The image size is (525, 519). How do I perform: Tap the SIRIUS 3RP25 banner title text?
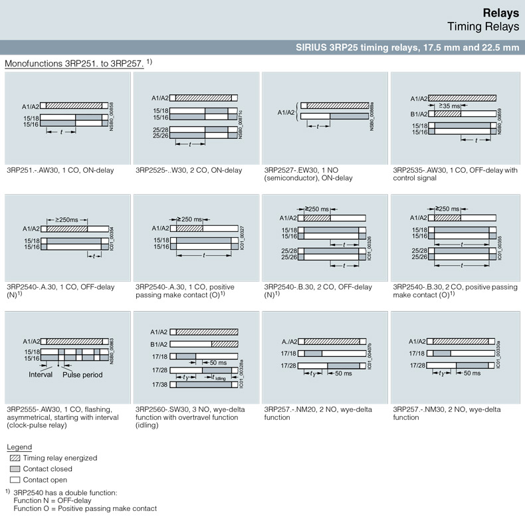(x=407, y=47)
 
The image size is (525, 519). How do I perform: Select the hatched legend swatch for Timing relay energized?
(x=14, y=458)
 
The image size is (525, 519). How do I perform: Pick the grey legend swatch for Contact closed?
(x=14, y=469)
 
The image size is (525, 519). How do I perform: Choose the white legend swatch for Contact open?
(x=14, y=480)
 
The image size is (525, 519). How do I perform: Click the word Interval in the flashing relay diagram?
(x=41, y=374)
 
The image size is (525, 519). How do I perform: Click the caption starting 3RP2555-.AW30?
(x=64, y=409)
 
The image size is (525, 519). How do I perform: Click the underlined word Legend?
(x=19, y=447)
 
